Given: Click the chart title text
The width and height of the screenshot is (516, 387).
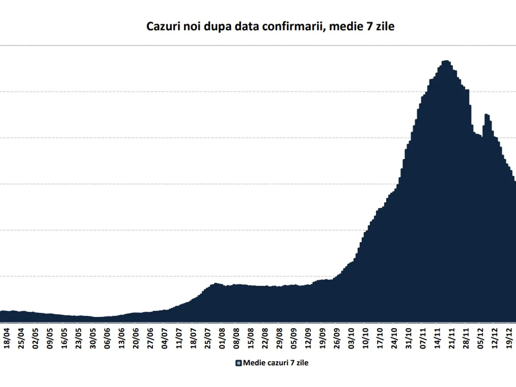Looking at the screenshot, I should [x=270, y=27].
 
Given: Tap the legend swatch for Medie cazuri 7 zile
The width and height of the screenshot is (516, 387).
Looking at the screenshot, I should [x=239, y=363].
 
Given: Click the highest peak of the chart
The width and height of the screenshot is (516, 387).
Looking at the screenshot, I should [x=445, y=61].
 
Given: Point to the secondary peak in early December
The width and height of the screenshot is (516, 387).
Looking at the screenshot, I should [x=486, y=114].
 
